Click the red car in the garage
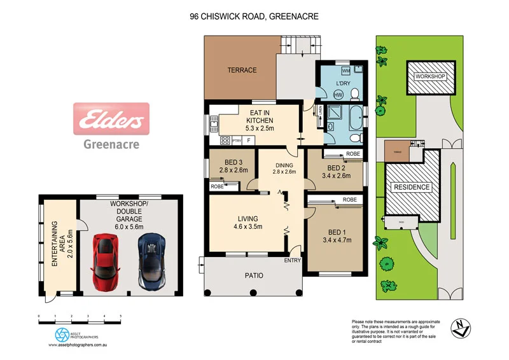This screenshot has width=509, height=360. (x=105, y=260)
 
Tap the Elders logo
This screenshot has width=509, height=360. (x=112, y=119)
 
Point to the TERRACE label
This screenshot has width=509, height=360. (x=242, y=70)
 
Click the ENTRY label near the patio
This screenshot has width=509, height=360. (x=293, y=261)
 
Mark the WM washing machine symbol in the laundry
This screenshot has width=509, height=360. (x=345, y=70)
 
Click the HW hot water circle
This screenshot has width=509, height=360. (x=338, y=95)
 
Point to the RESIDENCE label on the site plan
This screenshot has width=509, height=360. (x=412, y=187)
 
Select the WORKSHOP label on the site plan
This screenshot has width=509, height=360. (x=430, y=76)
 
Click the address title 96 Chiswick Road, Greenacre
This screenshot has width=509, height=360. (x=254, y=17)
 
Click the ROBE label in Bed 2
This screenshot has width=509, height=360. (x=352, y=154)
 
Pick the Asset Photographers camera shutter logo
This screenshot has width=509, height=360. (x=62, y=334)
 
